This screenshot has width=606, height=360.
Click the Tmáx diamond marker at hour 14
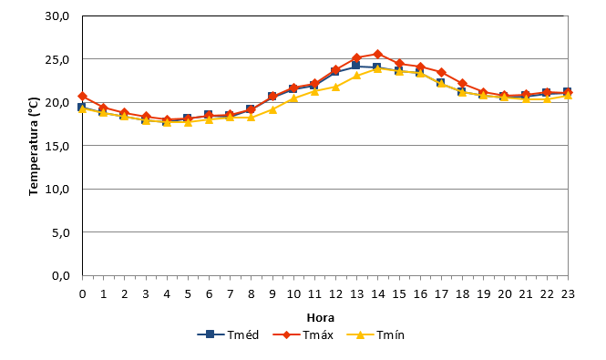tap(378, 54)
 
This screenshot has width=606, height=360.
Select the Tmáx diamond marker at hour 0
tap(82, 96)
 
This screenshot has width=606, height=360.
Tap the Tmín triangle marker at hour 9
tap(272, 109)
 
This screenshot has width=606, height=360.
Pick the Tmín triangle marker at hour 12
tap(336, 87)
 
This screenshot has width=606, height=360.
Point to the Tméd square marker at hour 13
tap(356, 66)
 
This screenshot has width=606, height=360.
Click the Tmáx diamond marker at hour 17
tap(441, 72)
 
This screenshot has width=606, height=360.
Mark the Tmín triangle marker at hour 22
tap(547, 99)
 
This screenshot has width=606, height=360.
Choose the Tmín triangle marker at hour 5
tap(189, 122)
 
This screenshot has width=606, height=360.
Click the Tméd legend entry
tap(228, 334)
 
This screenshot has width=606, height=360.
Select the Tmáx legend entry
tap(303, 334)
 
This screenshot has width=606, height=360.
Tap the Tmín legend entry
tap(375, 334)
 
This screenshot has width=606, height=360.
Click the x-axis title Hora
tap(321, 318)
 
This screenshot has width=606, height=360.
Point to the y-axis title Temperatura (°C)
tap(34, 146)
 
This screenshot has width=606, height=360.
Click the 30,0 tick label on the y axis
tap(56, 16)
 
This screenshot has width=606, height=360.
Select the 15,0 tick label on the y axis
tap(57, 146)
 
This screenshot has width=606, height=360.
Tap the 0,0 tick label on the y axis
tap(61, 276)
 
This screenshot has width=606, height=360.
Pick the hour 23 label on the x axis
tap(568, 294)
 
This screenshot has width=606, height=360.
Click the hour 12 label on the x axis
tap(336, 294)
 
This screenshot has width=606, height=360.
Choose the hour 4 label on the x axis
tap(167, 294)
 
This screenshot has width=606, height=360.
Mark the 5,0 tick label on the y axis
tap(61, 232)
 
